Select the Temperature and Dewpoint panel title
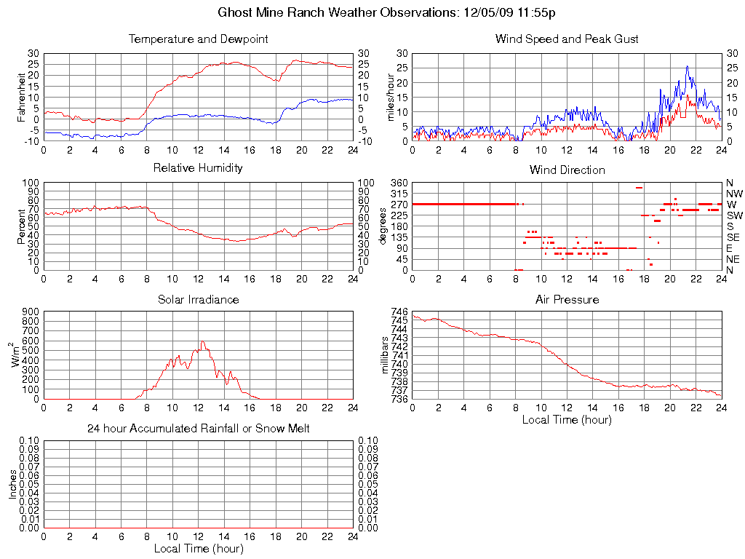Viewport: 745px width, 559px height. (x=198, y=39)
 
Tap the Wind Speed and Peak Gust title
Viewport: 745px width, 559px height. (x=567, y=39)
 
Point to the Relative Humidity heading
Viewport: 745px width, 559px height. (x=198, y=168)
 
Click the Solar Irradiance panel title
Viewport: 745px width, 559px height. (x=198, y=299)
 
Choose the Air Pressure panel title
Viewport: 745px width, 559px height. (x=567, y=299)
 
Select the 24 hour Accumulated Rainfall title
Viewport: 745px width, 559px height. (x=198, y=429)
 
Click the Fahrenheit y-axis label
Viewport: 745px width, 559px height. (x=22, y=97)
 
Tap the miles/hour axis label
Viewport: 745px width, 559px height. (x=391, y=97)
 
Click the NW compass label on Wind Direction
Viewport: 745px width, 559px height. (x=734, y=194)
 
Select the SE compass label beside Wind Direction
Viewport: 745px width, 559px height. (x=733, y=237)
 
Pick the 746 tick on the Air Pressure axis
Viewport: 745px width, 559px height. (x=399, y=312)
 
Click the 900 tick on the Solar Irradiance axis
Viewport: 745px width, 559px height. (x=31, y=312)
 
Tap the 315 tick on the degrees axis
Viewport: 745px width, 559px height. (x=399, y=194)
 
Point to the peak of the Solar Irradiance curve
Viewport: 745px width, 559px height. (x=203, y=341)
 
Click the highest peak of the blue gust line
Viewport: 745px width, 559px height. (x=687, y=66)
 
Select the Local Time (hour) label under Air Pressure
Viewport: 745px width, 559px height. (x=567, y=419)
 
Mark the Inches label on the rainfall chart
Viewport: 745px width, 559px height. (x=12, y=485)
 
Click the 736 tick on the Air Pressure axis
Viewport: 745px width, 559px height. (x=399, y=399)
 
